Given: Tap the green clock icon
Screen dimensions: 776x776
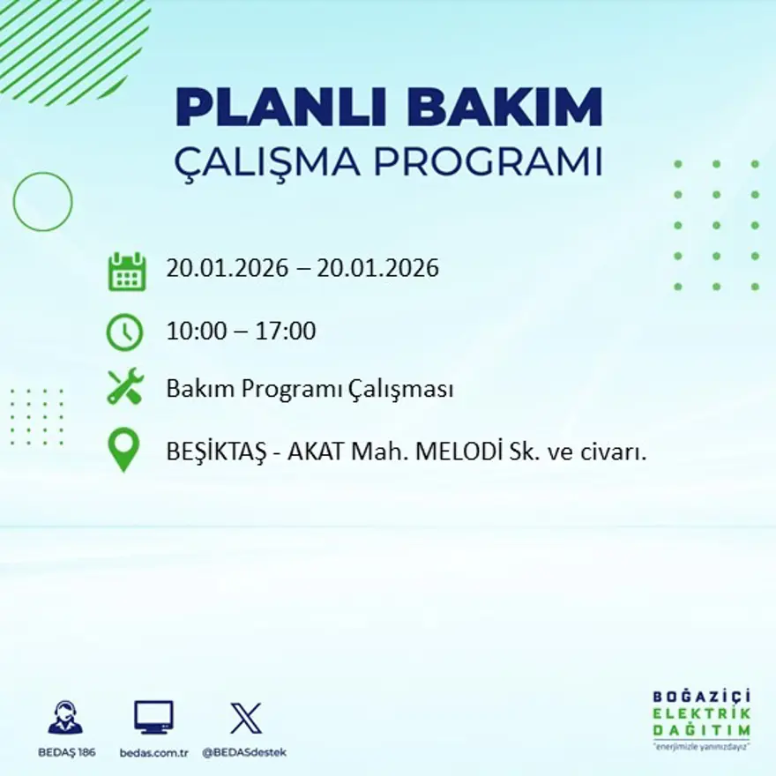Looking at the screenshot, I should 125,332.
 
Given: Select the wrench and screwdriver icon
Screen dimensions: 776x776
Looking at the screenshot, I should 125,388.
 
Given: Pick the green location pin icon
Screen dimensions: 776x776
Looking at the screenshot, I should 124,449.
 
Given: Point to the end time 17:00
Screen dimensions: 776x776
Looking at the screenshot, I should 286,332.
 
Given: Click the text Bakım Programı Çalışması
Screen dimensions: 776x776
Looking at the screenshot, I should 310,389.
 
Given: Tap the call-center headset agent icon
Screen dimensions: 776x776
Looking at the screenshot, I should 65,718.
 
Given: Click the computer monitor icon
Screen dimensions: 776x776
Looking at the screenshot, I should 153,717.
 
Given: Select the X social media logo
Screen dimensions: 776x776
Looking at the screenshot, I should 245,718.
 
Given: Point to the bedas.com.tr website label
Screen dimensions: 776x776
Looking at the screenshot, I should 154,752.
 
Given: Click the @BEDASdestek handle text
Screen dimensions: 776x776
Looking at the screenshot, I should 244,752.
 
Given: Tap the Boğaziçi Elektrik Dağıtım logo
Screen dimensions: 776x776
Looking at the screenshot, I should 702,719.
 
